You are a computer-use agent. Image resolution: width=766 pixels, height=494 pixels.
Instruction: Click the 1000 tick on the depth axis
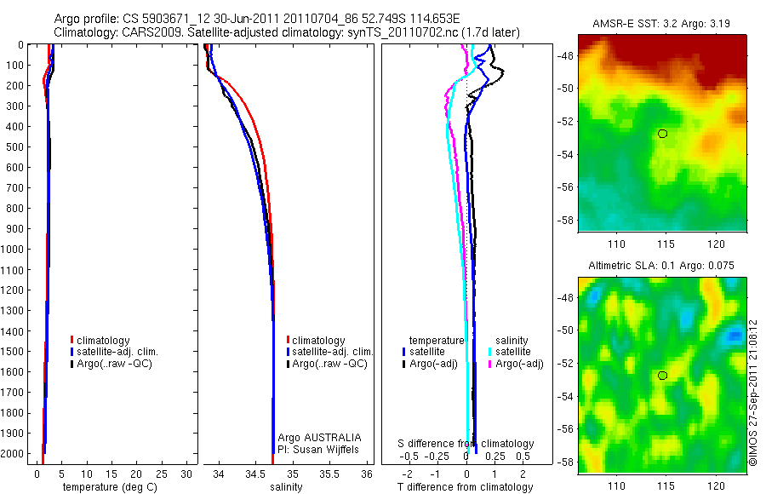click(x=14, y=249)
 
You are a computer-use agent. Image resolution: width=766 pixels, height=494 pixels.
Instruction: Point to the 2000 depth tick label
click(x=14, y=453)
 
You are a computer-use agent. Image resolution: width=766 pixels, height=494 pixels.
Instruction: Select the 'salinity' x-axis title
click(x=286, y=487)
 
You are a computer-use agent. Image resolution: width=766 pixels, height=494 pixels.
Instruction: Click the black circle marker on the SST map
click(x=662, y=134)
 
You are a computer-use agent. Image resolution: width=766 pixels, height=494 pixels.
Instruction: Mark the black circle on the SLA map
click(x=662, y=375)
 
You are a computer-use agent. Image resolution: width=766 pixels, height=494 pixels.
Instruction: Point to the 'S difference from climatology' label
click(x=466, y=444)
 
